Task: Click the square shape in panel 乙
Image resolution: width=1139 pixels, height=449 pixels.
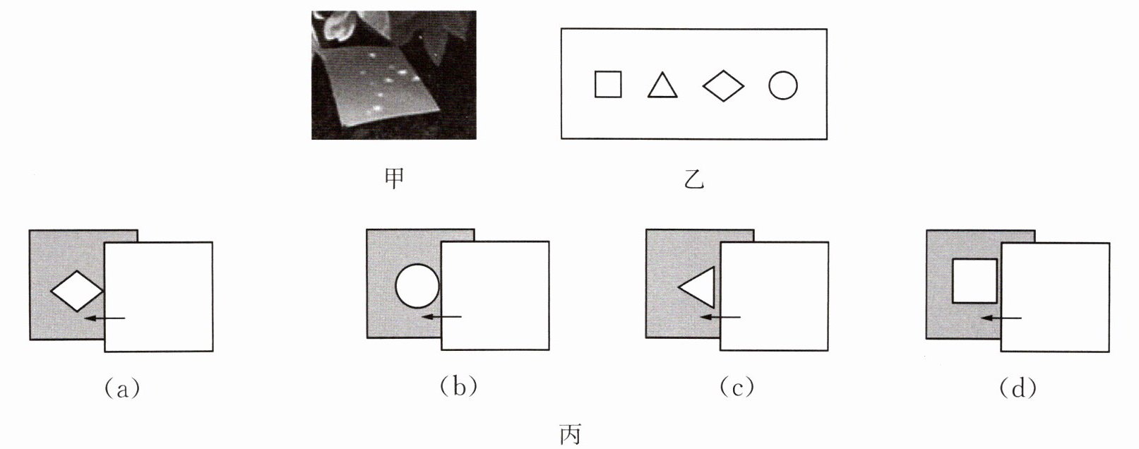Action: (x=608, y=85)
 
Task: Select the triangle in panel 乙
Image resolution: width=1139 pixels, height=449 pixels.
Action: (x=662, y=86)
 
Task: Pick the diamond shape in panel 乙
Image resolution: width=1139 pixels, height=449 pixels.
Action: (x=723, y=86)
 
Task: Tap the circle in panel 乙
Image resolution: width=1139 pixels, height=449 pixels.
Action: (x=782, y=85)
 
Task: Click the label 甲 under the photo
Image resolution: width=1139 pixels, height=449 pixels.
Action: (x=394, y=179)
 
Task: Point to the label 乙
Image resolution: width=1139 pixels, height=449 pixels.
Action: (x=694, y=180)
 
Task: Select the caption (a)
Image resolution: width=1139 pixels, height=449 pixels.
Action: (x=121, y=388)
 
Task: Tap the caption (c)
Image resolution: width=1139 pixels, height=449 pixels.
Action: (x=737, y=387)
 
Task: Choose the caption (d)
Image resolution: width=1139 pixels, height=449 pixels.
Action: (x=1018, y=388)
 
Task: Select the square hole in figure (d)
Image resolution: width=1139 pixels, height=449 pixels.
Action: (x=974, y=281)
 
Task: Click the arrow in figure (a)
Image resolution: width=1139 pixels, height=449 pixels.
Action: (x=104, y=318)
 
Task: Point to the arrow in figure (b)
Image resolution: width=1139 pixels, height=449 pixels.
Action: (x=441, y=317)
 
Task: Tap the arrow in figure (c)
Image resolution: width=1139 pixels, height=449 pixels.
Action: (x=720, y=317)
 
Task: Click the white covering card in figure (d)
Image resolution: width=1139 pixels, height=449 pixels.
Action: (x=1056, y=297)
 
